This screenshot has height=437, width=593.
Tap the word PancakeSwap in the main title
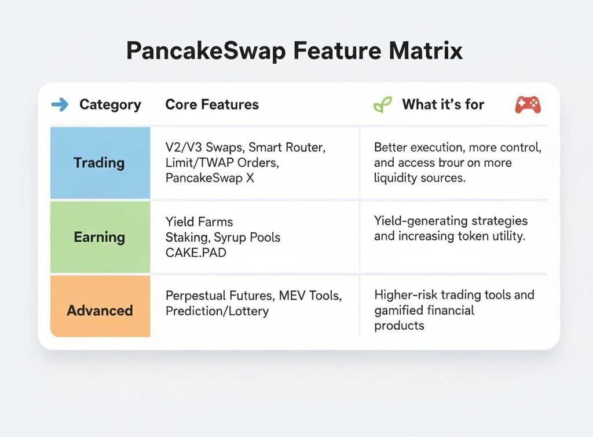click(x=206, y=50)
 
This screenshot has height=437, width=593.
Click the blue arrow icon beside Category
click(x=60, y=104)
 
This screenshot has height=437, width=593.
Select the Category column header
click(x=110, y=104)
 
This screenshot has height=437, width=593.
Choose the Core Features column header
click(x=212, y=104)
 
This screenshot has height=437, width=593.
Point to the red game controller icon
click(x=528, y=104)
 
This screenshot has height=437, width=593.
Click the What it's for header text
click(x=443, y=104)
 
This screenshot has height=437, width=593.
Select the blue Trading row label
click(x=99, y=163)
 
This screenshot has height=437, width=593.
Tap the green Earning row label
click(x=99, y=237)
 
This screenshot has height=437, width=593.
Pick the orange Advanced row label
click(x=100, y=311)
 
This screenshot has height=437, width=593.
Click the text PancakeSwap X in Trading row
click(x=210, y=179)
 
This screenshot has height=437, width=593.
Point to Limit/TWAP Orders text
click(x=222, y=163)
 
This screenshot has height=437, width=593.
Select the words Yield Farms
click(x=199, y=221)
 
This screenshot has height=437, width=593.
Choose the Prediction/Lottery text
click(x=217, y=311)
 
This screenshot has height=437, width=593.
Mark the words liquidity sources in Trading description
click(x=420, y=178)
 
